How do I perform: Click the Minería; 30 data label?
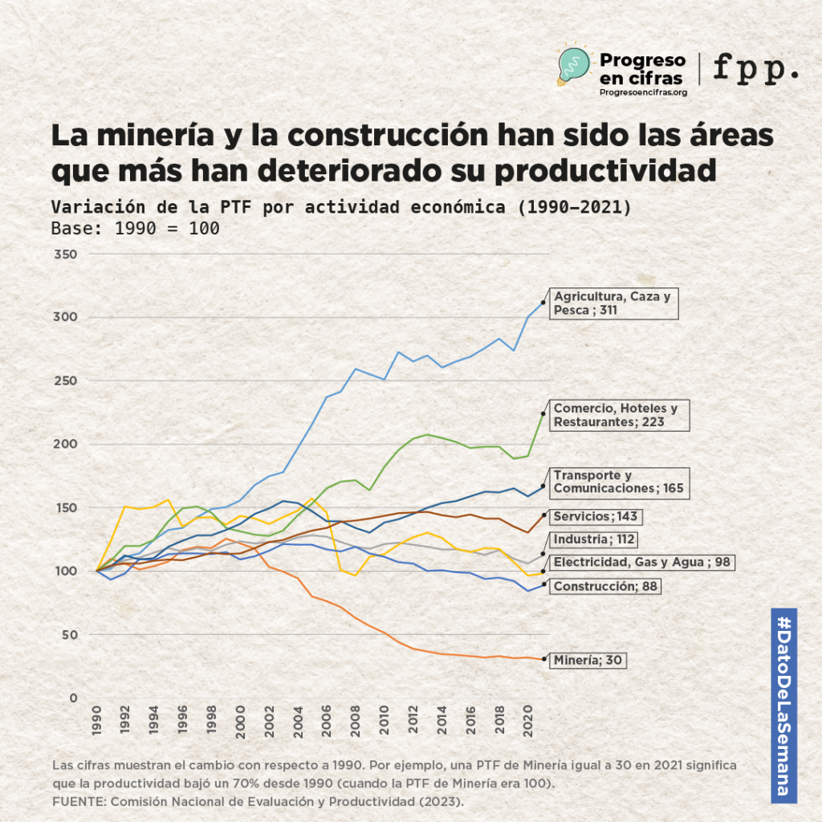pyautogui.click(x=588, y=661)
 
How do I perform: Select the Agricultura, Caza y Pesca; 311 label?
pyautogui.click(x=612, y=303)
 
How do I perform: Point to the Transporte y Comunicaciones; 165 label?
pyautogui.click(x=618, y=482)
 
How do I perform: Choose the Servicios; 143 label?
pyautogui.click(x=595, y=516)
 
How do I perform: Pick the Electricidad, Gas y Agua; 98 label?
pyautogui.click(x=642, y=562)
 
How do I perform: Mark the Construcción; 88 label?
pyautogui.click(x=606, y=587)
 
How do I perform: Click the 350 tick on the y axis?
pyautogui.click(x=65, y=254)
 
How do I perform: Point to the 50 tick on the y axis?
pyautogui.click(x=68, y=635)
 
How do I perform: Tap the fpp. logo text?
pyautogui.click(x=755, y=68)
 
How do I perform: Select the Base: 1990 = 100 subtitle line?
pyautogui.click(x=135, y=228)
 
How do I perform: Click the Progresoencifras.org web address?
pyautogui.click(x=643, y=92)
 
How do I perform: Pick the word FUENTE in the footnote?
pyautogui.click(x=77, y=802)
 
